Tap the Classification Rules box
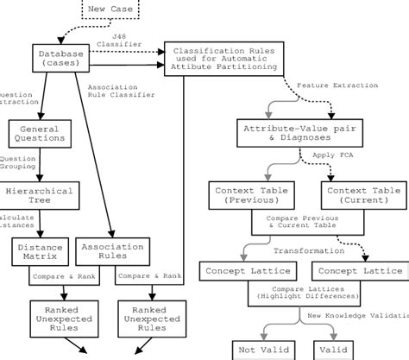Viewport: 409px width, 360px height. tap(223, 60)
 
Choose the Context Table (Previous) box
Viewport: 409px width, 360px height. tap(250, 195)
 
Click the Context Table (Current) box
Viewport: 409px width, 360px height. tap(362, 195)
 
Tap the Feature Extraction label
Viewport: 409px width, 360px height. tap(337, 86)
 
